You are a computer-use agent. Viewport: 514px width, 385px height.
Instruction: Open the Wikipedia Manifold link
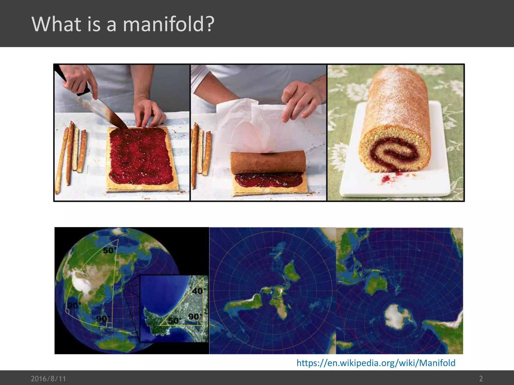point(376,363)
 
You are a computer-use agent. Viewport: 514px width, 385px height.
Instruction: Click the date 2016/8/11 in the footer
point(48,378)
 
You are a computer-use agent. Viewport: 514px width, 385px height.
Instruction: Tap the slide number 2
point(481,378)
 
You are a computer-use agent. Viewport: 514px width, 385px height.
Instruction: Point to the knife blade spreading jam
point(100,110)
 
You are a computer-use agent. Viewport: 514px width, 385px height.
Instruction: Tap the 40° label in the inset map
point(199,291)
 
